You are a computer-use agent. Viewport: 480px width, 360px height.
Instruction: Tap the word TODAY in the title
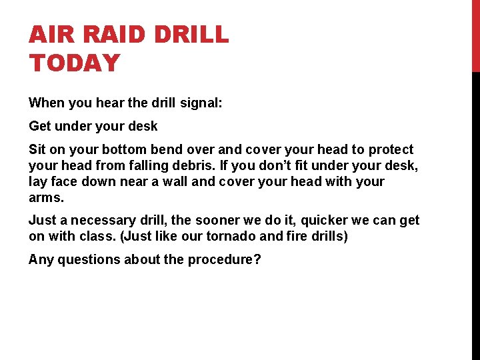click(x=74, y=63)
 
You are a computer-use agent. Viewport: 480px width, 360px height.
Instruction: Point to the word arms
click(x=45, y=197)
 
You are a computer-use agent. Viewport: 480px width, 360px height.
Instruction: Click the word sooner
click(x=231, y=220)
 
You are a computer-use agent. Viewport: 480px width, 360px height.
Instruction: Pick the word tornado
click(x=232, y=236)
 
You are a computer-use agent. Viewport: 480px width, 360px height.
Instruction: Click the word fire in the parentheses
click(x=294, y=236)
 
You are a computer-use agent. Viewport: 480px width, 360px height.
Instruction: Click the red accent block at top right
click(x=475, y=35)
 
